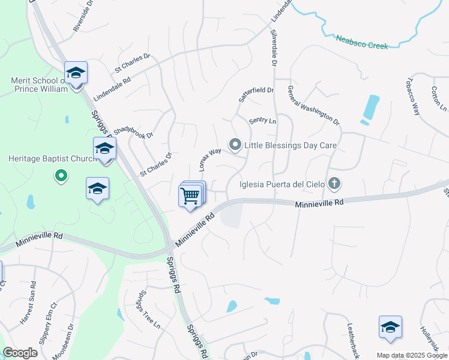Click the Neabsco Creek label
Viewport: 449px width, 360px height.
point(362,41)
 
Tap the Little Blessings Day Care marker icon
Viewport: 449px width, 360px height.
point(235,145)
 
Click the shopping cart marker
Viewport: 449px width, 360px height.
point(190,195)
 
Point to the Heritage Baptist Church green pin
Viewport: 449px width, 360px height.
point(61,176)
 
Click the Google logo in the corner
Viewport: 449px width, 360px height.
point(20,352)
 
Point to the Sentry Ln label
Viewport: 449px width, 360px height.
point(262,121)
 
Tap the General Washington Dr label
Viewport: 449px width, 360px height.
point(313,104)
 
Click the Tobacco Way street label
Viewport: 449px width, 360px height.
point(412,95)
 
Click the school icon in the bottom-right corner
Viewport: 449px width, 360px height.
point(390,327)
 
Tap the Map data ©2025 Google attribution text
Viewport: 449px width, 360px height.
point(412,355)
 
